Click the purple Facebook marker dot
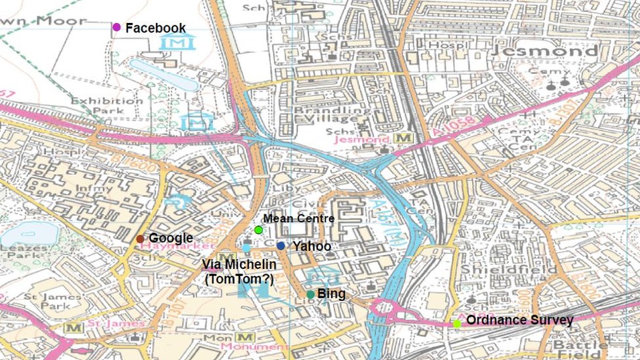coord(117,28)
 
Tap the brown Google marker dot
coord(140,239)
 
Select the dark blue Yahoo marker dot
coord(281,246)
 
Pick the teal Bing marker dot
coord(310,294)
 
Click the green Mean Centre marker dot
coord(258,230)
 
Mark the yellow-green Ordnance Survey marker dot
coord(456,323)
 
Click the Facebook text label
coord(155,28)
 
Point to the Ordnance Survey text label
coord(519,321)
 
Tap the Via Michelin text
coord(239,264)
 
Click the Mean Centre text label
coord(298,218)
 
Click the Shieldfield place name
coord(508,270)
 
